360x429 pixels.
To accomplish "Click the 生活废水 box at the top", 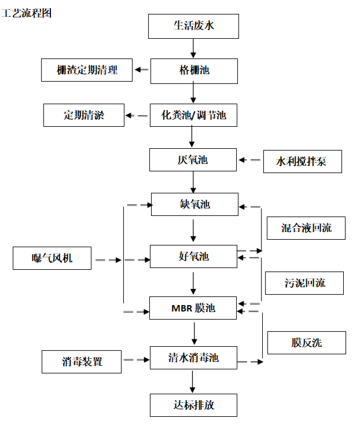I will point(193,26).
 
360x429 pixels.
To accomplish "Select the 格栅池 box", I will point(194,71).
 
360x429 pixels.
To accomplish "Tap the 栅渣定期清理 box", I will point(87,71).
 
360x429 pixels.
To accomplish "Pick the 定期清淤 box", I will point(84,115).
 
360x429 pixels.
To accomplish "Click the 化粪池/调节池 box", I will point(194,115).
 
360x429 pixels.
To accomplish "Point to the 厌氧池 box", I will point(193,160).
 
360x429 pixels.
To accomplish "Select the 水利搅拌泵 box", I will point(302,162).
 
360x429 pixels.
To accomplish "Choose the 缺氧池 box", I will point(194,204).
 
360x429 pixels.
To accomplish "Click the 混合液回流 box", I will point(306,228).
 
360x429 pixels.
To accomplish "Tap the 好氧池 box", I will point(193,256).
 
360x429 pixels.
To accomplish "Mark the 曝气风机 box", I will point(53,258).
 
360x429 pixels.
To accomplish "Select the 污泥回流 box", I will point(304,283).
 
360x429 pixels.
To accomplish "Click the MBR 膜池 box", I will point(193,308).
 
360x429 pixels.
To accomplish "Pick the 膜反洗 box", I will point(306,342).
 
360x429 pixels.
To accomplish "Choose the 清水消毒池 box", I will point(193,358).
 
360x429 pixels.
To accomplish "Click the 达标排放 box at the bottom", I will point(193,405).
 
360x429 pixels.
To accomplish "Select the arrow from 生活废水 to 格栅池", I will point(193,49).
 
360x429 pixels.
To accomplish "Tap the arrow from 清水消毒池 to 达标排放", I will point(193,382).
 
